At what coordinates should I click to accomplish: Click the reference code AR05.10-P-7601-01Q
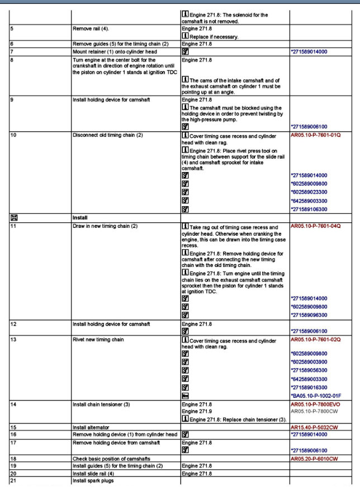(315, 135)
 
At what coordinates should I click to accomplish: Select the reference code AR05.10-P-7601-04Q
(315, 227)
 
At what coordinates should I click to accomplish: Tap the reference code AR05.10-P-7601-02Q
(315, 339)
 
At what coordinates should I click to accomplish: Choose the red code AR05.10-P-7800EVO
(316, 403)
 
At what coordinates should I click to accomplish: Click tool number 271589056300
(314, 370)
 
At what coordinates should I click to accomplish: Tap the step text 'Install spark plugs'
(93, 481)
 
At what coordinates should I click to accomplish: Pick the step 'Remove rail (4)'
(92, 27)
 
